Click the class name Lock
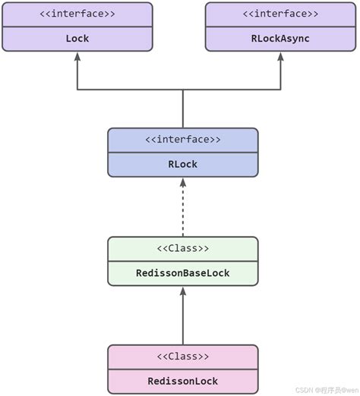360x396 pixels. click(x=77, y=38)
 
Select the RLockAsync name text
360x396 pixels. click(x=280, y=38)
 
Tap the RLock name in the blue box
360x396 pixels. click(x=182, y=164)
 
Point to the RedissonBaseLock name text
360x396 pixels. click(x=182, y=272)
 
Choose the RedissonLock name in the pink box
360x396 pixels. click(x=182, y=381)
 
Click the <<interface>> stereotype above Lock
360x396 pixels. click(x=77, y=14)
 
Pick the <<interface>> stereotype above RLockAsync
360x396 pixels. click(x=280, y=14)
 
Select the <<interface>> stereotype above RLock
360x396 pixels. click(x=182, y=140)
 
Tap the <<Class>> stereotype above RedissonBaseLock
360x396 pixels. click(x=182, y=248)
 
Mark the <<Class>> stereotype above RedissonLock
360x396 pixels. click(x=182, y=357)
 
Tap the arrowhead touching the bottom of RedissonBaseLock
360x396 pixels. click(x=182, y=292)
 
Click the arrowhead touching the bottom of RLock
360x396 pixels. click(x=182, y=184)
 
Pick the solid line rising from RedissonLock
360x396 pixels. click(x=182, y=322)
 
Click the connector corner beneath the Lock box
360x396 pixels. click(x=77, y=90)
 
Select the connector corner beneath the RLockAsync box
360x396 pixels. click(x=280, y=90)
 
